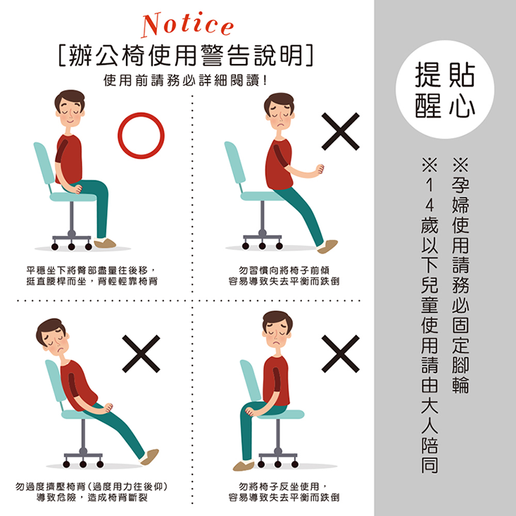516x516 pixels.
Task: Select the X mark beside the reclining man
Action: coord(145,352)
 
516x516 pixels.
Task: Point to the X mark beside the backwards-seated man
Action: coord(341,352)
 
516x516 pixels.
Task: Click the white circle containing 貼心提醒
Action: coord(444,89)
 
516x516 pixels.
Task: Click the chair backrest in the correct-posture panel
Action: coord(44,165)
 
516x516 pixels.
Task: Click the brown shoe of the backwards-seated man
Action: coord(244,465)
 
